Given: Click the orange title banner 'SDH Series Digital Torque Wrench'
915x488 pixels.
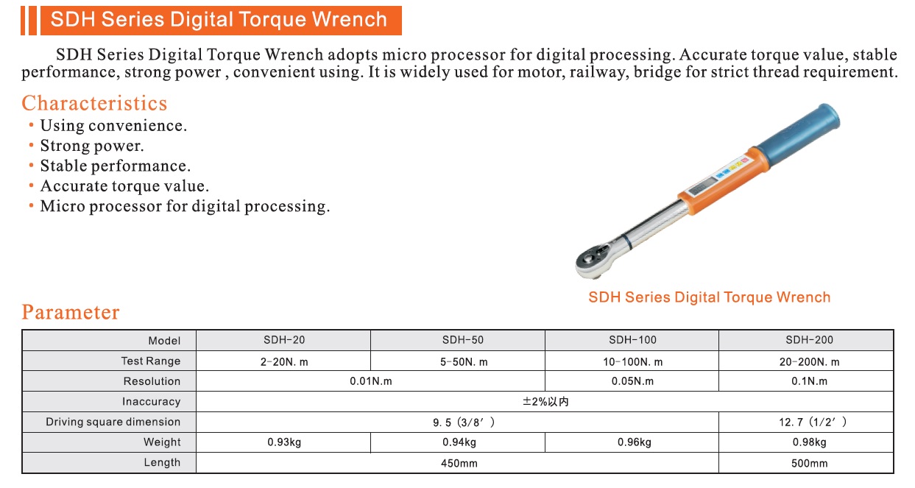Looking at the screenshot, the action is [x=221, y=20].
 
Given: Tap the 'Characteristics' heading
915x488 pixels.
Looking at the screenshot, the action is [x=94, y=103].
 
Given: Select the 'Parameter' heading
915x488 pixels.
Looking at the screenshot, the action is [x=71, y=312].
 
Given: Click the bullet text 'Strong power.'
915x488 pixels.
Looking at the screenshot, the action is [x=92, y=146].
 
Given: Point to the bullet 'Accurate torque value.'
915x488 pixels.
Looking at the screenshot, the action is [x=124, y=186].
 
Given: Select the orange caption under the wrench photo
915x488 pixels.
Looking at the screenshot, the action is [x=709, y=297].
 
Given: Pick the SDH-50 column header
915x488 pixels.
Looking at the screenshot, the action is [x=463, y=340].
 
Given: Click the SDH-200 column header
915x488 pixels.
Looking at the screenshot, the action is [x=809, y=340].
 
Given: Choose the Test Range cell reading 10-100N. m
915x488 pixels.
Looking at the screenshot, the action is [x=633, y=362].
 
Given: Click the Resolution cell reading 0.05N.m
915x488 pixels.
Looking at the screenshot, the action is [x=632, y=381].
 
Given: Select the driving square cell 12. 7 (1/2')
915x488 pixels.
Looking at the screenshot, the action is [x=813, y=422].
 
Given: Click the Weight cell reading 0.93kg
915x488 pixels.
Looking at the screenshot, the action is [x=284, y=442].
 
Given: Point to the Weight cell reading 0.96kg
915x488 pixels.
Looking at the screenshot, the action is [x=634, y=442].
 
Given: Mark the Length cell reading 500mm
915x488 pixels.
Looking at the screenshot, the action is [x=809, y=463].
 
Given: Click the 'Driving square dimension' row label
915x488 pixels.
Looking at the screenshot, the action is [x=113, y=422].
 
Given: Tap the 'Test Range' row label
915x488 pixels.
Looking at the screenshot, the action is [x=151, y=361].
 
